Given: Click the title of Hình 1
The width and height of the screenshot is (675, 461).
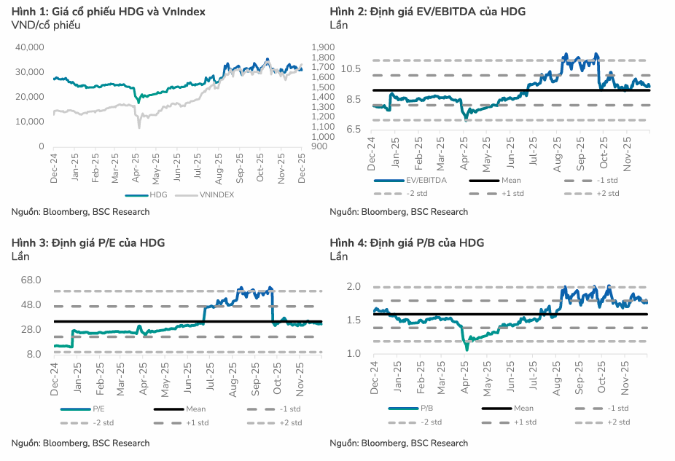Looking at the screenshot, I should point(109,12).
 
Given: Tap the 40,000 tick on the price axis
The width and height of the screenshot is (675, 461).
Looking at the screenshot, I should point(30,47).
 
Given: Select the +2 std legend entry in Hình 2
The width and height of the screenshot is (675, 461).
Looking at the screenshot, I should point(607,193).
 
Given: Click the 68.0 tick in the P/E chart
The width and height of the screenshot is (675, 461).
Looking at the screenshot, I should point(30,280).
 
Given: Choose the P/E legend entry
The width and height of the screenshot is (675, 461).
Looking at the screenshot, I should point(97,409).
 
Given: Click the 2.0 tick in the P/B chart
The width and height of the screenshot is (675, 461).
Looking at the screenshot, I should point(354,287).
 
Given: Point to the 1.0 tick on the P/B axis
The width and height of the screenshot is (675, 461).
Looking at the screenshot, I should point(354,354).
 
